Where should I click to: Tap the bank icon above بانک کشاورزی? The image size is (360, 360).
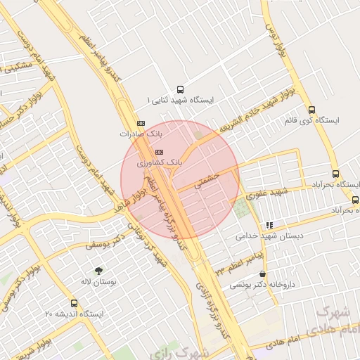point(159,151)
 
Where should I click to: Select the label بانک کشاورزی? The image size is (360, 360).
point(160,162)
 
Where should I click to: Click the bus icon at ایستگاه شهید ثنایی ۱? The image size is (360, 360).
point(181,89)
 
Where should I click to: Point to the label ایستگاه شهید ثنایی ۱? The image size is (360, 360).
point(184,101)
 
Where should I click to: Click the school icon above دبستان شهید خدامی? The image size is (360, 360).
point(269,225)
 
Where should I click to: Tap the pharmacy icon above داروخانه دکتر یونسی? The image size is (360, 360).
point(263,274)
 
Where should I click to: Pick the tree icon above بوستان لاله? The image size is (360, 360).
point(98,270)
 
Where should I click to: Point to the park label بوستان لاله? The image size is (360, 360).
point(98,281)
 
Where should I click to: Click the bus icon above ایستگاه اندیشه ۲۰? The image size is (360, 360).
point(75,303)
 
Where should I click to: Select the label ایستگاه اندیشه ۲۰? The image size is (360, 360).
point(74,314)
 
